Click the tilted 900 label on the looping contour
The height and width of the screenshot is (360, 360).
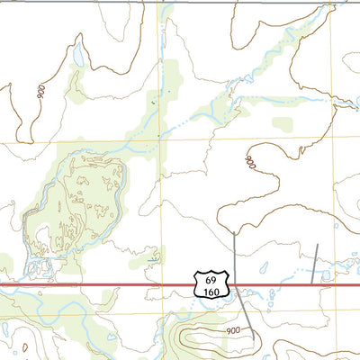click(250, 163)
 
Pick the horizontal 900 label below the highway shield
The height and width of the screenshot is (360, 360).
click(233, 330)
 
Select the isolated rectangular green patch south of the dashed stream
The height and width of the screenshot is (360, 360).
click(283, 123)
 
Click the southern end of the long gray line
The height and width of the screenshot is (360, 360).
click(254, 338)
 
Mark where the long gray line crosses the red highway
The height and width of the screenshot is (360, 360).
click(237, 284)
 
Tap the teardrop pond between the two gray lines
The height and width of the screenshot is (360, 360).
click(265, 268)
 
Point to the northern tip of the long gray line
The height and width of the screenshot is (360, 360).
click(234, 232)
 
